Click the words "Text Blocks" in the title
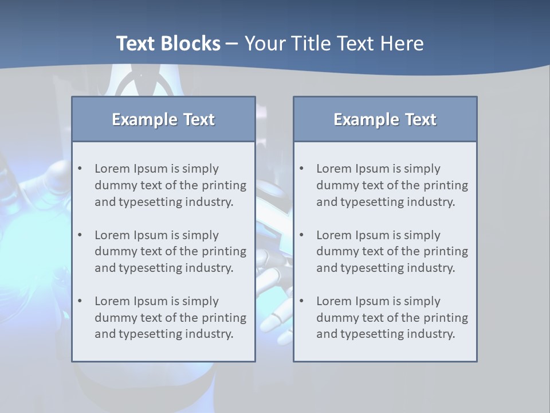click(x=168, y=44)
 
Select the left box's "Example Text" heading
click(x=163, y=119)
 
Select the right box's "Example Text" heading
click(x=385, y=119)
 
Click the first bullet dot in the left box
click(x=80, y=169)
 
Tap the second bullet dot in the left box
click(x=80, y=235)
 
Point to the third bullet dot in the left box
click(x=80, y=301)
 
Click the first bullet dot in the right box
click(x=302, y=169)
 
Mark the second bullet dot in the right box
click(x=302, y=235)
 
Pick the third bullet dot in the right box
click(x=302, y=301)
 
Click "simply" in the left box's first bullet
click(x=201, y=169)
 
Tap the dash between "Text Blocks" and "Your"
click(x=232, y=44)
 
